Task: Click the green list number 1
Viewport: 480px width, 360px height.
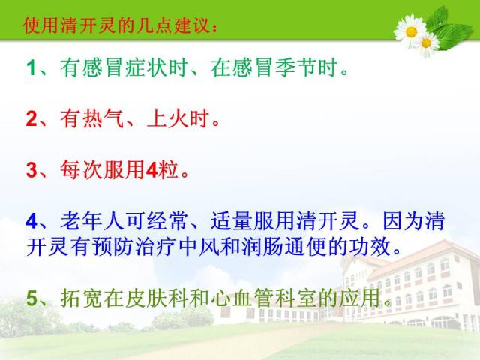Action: tap(31, 67)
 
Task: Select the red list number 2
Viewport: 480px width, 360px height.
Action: tap(31, 118)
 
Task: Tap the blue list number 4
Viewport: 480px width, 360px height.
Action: tap(31, 221)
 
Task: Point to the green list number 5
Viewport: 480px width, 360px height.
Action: tap(31, 298)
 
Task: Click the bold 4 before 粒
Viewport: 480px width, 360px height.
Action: tap(151, 170)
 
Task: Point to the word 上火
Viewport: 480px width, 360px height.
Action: tap(167, 118)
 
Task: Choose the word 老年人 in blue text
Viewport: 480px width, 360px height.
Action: tap(91, 221)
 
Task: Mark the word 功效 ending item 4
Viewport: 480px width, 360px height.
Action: tap(370, 247)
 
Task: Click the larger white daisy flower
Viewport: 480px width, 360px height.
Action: tap(411, 31)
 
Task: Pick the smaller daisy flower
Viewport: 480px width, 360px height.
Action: tap(427, 43)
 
